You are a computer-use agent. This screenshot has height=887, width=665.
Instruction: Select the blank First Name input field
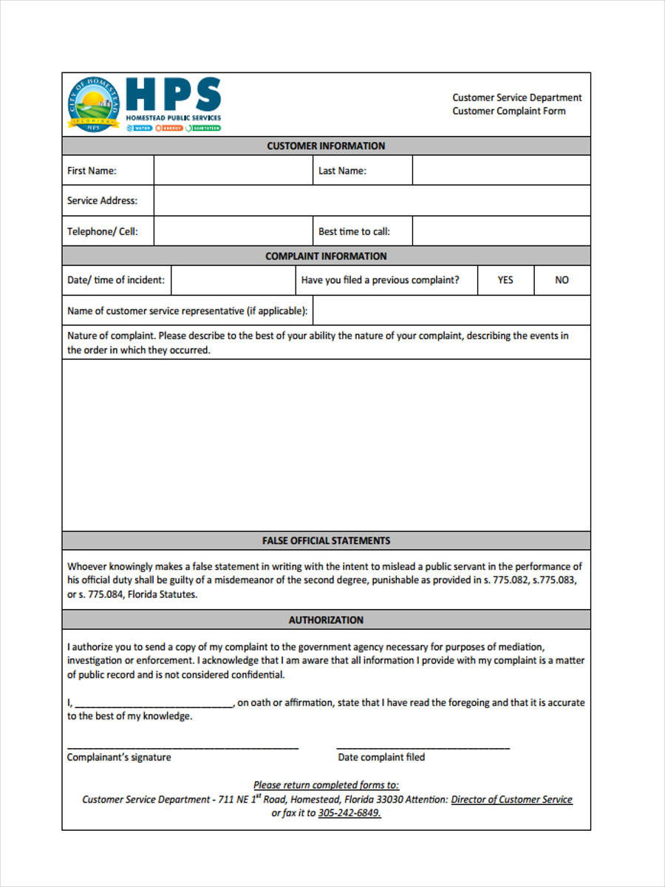tap(233, 171)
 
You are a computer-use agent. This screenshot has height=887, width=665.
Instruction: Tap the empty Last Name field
tap(501, 171)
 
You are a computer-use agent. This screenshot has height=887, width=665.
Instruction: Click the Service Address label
tap(102, 200)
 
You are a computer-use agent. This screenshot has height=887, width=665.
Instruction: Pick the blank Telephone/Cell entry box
tap(233, 231)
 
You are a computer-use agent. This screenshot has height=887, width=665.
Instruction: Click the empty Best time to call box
tap(501, 231)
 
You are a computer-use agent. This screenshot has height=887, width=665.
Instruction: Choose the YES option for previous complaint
tap(505, 280)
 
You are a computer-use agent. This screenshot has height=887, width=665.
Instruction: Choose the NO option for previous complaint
tap(562, 280)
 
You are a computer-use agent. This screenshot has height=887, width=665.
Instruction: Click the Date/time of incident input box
tap(233, 280)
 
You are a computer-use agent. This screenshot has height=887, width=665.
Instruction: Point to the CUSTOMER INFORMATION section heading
tap(326, 146)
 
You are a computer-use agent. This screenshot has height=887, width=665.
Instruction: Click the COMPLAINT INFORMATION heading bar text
tap(326, 256)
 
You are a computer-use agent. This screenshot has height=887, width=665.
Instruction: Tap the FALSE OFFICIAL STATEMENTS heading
tap(326, 540)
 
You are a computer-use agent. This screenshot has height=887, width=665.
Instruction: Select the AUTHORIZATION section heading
tap(326, 619)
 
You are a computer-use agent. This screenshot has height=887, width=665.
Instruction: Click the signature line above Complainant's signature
tap(183, 747)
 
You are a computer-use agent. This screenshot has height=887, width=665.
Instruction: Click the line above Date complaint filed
tap(423, 747)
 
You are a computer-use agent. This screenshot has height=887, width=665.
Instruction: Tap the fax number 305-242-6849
tap(349, 813)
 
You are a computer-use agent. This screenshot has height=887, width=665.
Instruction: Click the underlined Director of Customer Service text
tap(511, 799)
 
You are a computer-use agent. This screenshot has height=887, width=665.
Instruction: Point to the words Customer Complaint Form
tap(509, 111)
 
